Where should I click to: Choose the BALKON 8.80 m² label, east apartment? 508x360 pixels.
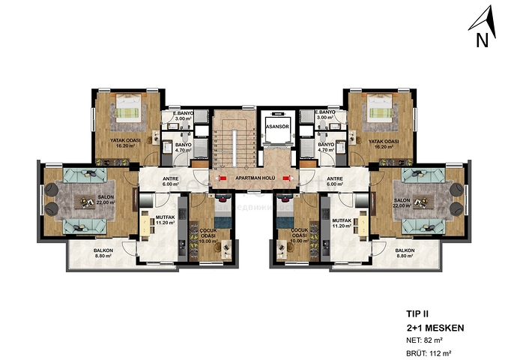[x=405, y=253]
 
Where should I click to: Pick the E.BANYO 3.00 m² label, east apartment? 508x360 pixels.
[x=326, y=115]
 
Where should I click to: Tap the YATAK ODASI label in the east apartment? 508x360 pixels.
[x=384, y=144]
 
